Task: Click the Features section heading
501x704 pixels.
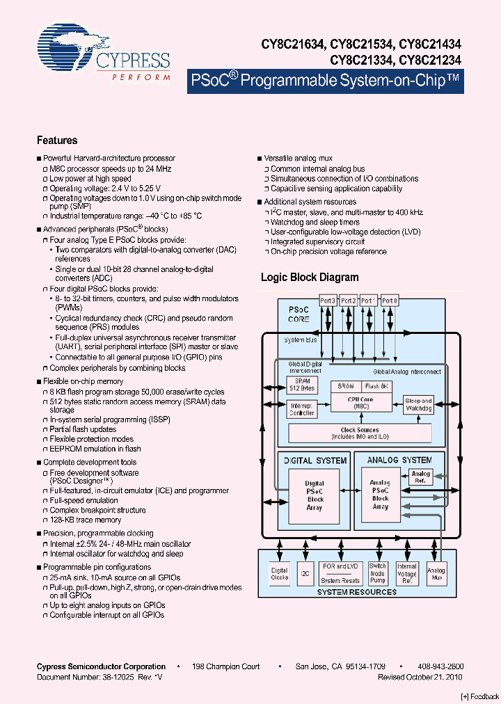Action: pos(57,140)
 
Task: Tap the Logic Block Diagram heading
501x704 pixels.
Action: pos(310,277)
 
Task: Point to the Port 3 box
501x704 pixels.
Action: pos(328,301)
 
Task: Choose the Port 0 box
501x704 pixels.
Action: pos(390,301)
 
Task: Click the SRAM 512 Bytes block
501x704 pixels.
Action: pos(303,385)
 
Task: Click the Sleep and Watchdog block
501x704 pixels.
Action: pos(418,404)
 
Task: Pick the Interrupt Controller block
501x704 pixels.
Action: pos(302,408)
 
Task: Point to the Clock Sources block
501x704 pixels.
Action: pos(359,433)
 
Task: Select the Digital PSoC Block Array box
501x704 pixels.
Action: pos(315,495)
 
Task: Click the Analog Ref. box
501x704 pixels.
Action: pos(420,477)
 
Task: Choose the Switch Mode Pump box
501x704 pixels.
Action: pos(378,574)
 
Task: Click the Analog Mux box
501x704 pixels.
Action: pos(437,574)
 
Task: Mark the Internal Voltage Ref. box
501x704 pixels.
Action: pos(407,574)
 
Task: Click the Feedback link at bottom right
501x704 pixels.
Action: pos(480,696)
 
